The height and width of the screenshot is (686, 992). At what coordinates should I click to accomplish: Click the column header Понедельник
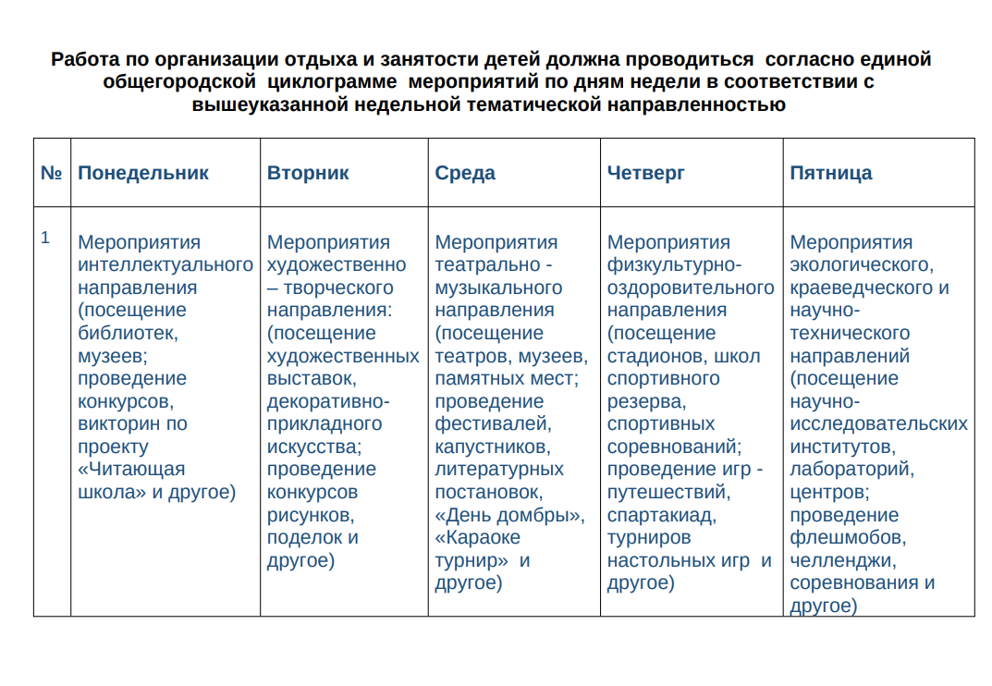pyautogui.click(x=143, y=173)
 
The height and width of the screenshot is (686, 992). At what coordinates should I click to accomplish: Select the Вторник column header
pyautogui.click(x=308, y=173)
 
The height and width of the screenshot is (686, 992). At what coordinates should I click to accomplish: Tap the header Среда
pyautogui.click(x=465, y=173)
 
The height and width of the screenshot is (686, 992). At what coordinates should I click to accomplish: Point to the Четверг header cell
pyautogui.click(x=646, y=173)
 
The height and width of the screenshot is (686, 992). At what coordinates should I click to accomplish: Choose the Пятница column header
pyautogui.click(x=831, y=173)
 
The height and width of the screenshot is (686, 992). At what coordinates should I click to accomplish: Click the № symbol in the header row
pyautogui.click(x=52, y=173)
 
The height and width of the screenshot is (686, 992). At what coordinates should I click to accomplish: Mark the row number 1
pyautogui.click(x=44, y=238)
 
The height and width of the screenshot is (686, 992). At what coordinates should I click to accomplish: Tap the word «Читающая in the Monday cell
pyautogui.click(x=131, y=469)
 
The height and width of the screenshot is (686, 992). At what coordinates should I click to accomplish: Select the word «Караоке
pyautogui.click(x=478, y=537)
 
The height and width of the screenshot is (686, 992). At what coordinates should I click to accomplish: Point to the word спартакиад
pyautogui.click(x=661, y=515)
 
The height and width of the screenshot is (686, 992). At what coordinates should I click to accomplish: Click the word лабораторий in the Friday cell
pyautogui.click(x=851, y=469)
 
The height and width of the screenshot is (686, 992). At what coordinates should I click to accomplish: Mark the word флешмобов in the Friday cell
pyautogui.click(x=847, y=537)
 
